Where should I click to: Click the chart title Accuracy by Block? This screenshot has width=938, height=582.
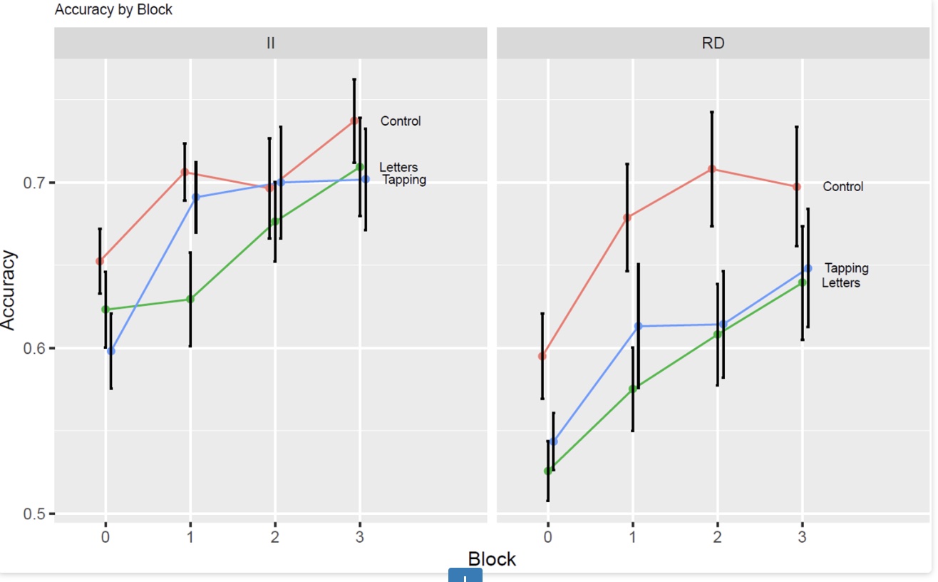click(113, 10)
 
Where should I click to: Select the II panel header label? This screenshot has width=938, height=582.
click(270, 43)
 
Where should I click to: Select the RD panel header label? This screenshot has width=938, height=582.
click(713, 43)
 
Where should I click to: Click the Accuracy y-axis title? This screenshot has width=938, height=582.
click(9, 290)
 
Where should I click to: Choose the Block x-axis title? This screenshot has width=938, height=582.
click(492, 559)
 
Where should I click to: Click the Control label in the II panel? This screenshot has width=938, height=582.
click(401, 121)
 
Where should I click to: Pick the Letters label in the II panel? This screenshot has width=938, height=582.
click(398, 168)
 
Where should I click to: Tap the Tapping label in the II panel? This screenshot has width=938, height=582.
click(404, 180)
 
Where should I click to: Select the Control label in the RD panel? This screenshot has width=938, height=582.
click(843, 187)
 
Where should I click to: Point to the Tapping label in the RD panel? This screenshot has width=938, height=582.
click(847, 268)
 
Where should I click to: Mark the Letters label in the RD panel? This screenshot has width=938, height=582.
click(841, 283)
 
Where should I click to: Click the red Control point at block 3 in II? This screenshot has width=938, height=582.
click(354, 121)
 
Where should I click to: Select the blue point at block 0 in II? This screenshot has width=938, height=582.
click(111, 351)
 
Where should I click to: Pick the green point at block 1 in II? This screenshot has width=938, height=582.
click(190, 299)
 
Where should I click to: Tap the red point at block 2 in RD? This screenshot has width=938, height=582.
click(711, 169)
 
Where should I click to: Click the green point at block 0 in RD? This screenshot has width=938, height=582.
click(547, 471)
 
